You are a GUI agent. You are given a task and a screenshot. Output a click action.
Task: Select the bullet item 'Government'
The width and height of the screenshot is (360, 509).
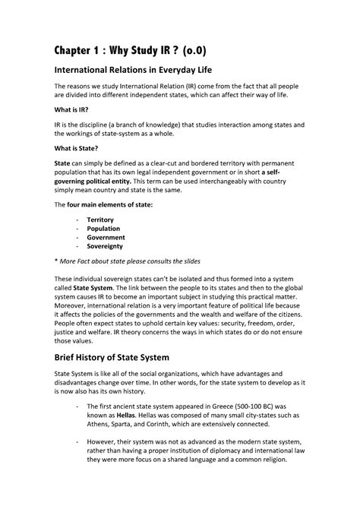click(x=106, y=246)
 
